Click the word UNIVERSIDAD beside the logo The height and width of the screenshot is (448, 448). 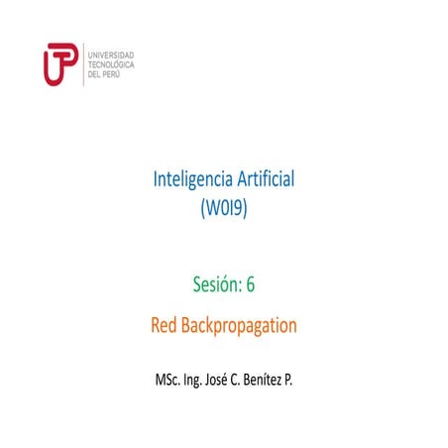click(x=111, y=54)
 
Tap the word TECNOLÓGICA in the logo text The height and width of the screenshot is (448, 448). click(x=112, y=63)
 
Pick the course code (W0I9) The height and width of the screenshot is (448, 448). click(x=224, y=209)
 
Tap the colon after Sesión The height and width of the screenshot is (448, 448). click(x=239, y=286)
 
